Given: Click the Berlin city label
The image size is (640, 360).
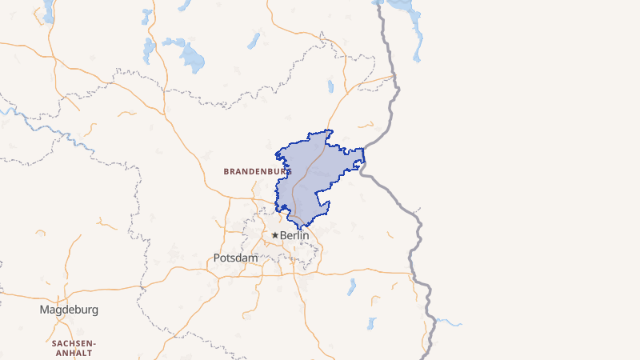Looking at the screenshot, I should click(294, 235).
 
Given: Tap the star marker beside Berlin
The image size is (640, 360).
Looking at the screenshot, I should click(275, 235).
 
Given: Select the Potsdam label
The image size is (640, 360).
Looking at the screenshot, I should click(236, 258).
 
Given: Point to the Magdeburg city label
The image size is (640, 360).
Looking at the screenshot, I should click(69, 310).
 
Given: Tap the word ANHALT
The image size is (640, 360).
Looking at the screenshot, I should click(73, 353).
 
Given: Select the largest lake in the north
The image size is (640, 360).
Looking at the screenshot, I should click(193, 57).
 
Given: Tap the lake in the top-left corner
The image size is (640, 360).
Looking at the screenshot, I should click(48, 10).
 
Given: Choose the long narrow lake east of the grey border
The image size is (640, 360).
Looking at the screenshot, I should click(416, 36).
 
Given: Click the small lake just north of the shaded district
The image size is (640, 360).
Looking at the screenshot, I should click(330, 86).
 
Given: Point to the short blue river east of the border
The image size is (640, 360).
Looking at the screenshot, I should click(449, 323).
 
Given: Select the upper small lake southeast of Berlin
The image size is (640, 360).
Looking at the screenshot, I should click(350, 286).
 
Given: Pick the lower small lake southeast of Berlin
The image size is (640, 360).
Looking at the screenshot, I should click(371, 323).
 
